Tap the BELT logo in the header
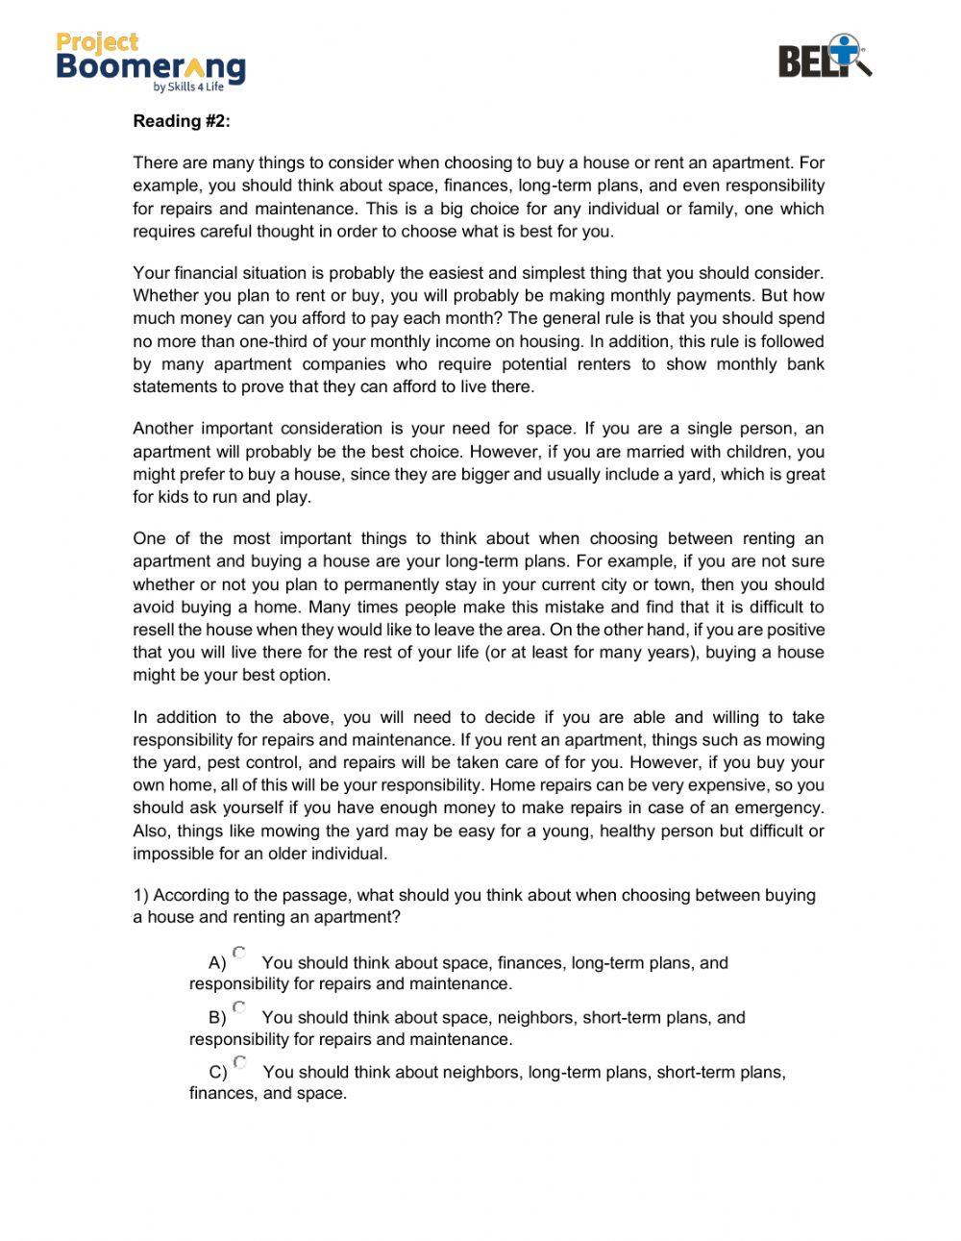(824, 58)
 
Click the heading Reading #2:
(182, 121)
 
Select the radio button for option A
(239, 954)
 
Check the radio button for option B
(239, 1008)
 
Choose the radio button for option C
(240, 1063)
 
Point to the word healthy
(627, 831)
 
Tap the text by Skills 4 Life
(188, 87)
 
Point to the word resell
(154, 631)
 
